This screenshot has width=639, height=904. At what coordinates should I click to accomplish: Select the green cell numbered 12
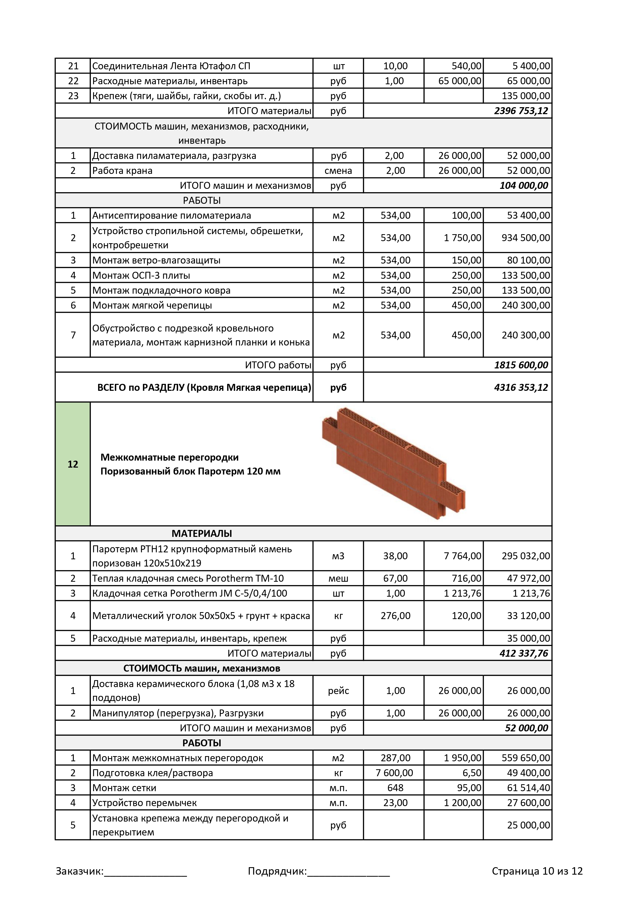click(73, 464)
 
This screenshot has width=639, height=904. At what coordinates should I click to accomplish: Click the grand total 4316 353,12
click(521, 387)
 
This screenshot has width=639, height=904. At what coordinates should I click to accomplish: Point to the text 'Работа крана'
click(122, 171)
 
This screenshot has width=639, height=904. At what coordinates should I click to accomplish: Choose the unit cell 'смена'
click(338, 171)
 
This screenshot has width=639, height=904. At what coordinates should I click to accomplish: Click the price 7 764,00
click(462, 556)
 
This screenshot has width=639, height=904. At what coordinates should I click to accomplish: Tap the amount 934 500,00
click(525, 238)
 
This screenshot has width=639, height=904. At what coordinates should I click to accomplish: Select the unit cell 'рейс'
click(338, 691)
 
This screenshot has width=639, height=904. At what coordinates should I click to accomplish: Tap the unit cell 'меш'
click(338, 578)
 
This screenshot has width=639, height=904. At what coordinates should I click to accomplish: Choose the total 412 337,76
click(523, 653)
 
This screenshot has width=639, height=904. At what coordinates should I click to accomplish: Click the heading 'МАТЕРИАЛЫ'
click(202, 534)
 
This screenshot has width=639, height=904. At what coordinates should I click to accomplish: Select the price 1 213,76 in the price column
click(462, 593)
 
